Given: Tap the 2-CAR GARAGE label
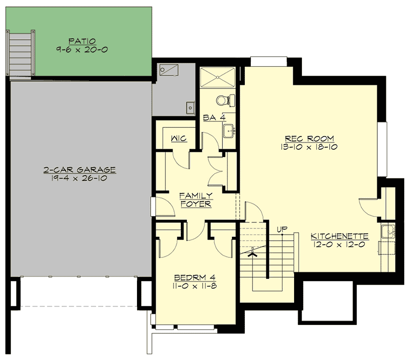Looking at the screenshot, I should pos(79,170).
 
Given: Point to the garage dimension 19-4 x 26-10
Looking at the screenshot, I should pos(79,178).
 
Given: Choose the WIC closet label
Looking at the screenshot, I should pos(179,138).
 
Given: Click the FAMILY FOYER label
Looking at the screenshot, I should pos(195,200).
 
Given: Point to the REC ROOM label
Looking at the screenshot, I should pos(309,138).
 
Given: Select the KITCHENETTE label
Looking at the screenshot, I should pos(339,236).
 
